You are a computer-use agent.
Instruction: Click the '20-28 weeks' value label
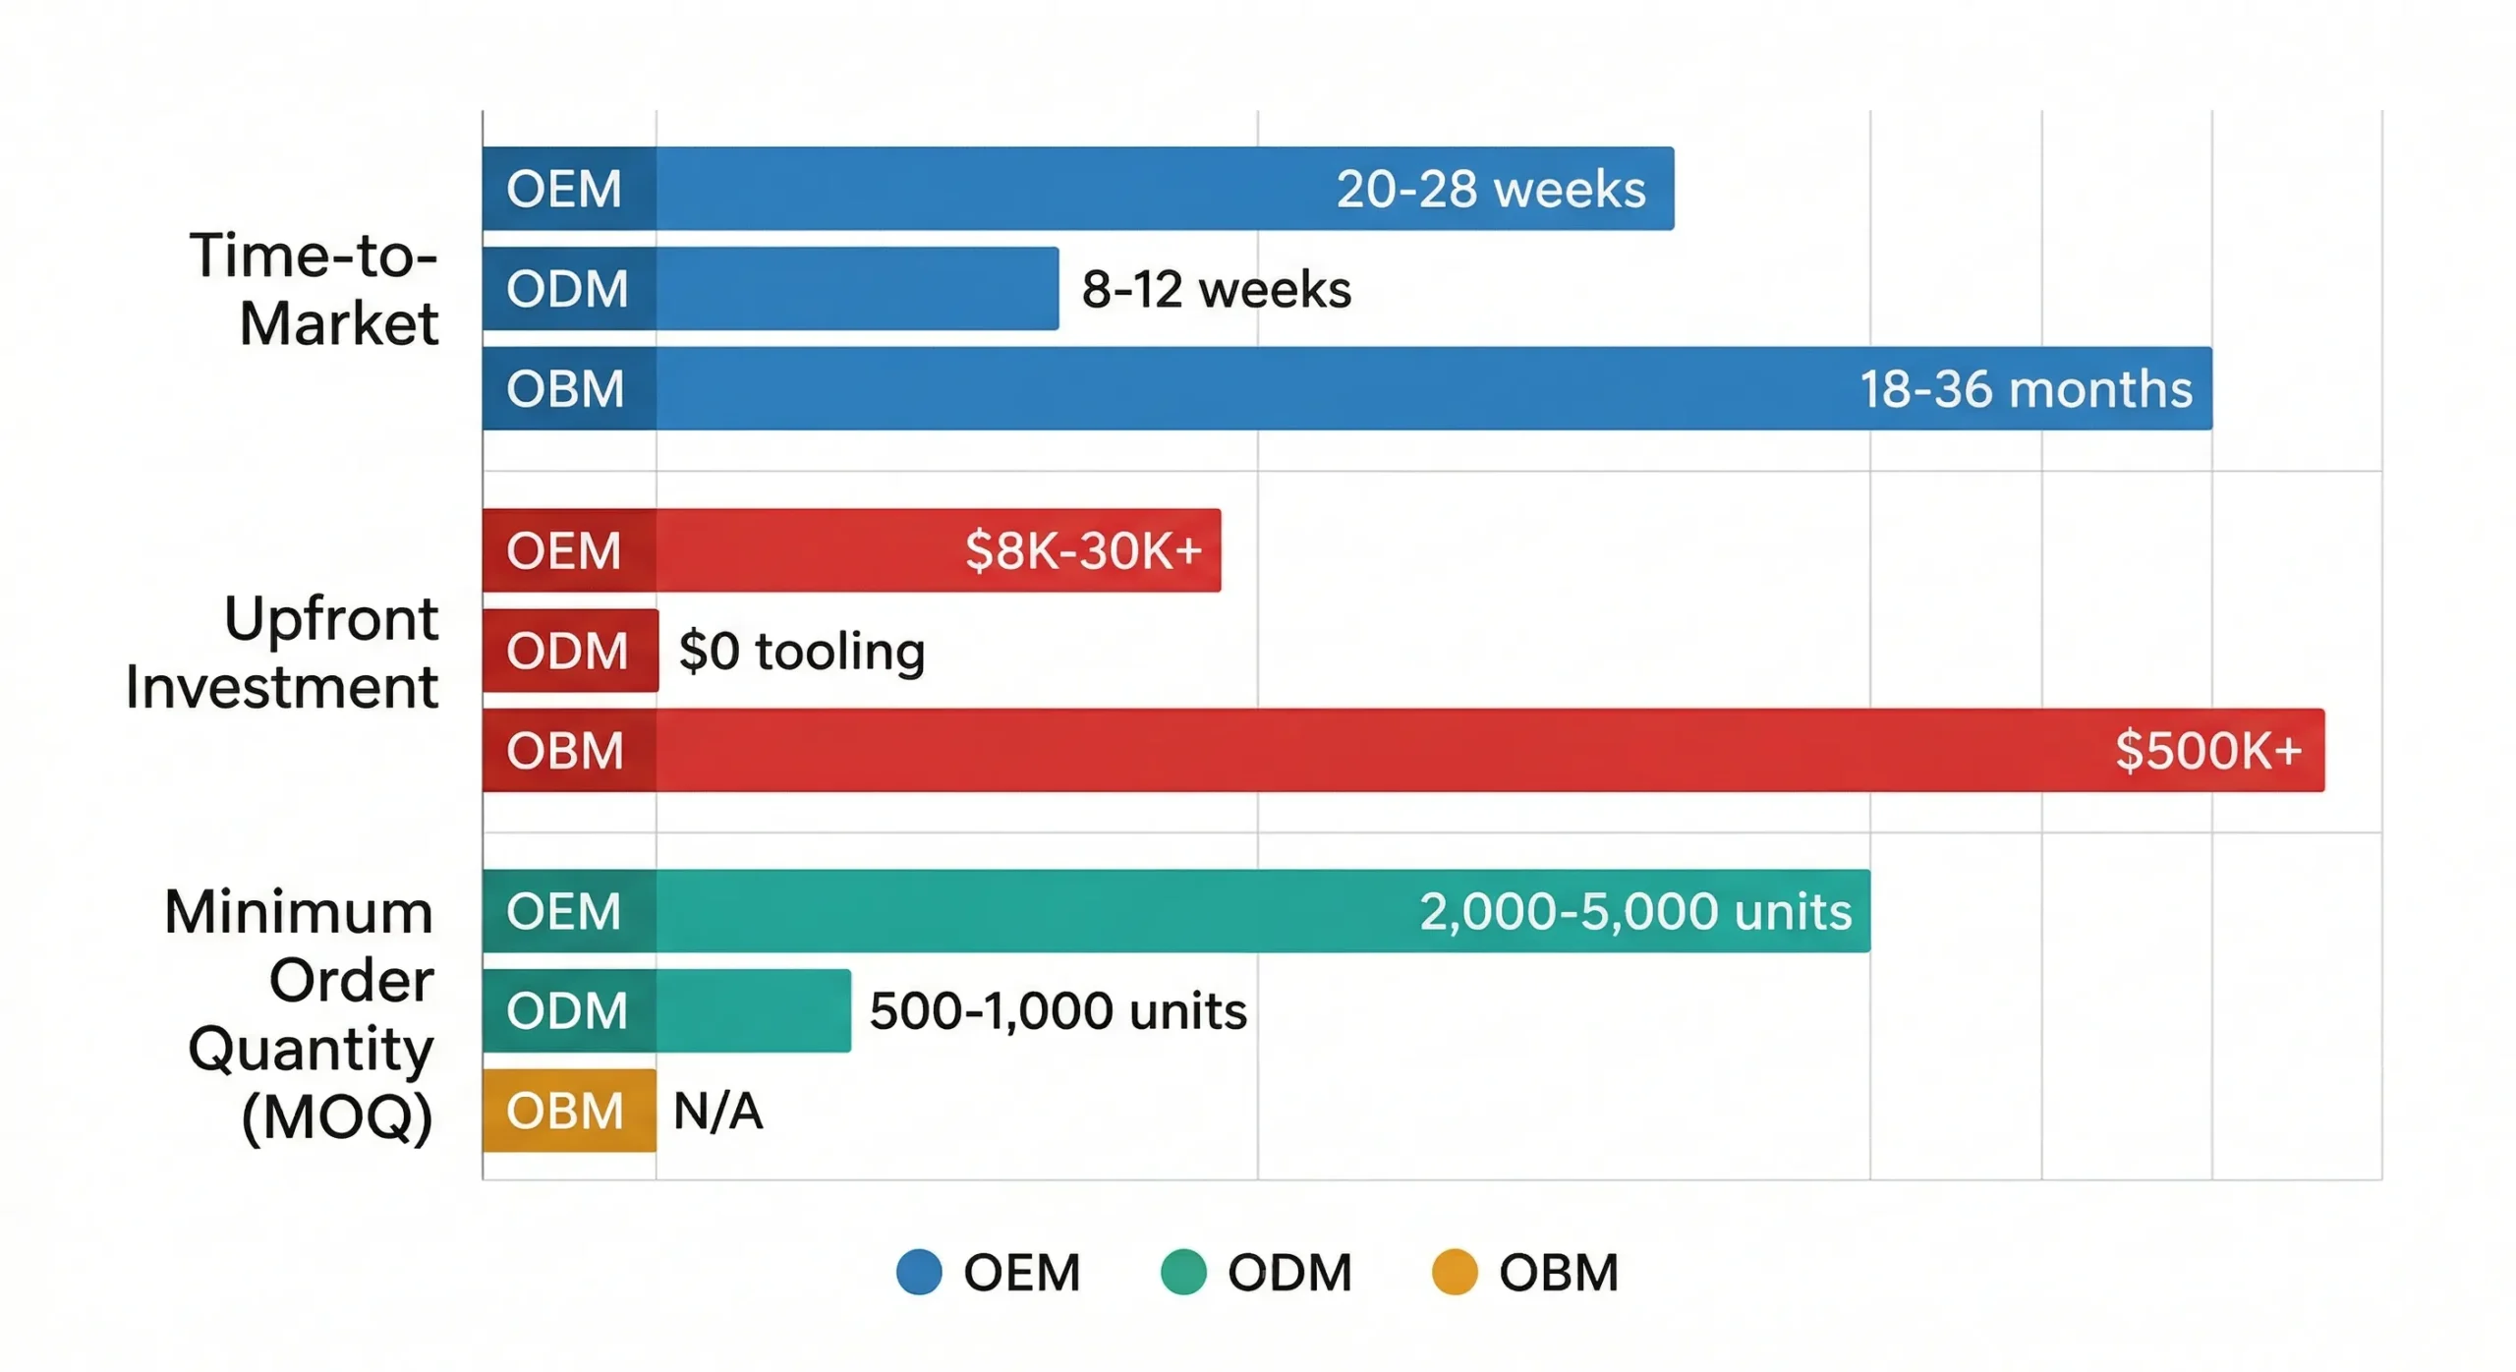pyautogui.click(x=1490, y=189)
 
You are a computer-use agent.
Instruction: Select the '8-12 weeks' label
pyautogui.click(x=1216, y=290)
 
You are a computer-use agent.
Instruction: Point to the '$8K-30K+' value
pyautogui.click(x=1083, y=550)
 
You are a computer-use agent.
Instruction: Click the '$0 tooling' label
pyautogui.click(x=801, y=651)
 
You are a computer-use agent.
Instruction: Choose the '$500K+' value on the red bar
pyautogui.click(x=2207, y=751)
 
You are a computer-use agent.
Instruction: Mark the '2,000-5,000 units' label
pyautogui.click(x=1634, y=911)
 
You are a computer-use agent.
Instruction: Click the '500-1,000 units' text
pyautogui.click(x=1058, y=1011)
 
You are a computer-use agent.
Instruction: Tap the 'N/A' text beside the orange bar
pyautogui.click(x=717, y=1112)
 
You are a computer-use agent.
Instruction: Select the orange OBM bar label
pyautogui.click(x=566, y=1112)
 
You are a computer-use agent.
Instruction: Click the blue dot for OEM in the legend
pyautogui.click(x=919, y=1272)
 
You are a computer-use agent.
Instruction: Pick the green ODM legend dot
pyautogui.click(x=1182, y=1272)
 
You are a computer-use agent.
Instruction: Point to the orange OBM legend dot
pyautogui.click(x=1454, y=1272)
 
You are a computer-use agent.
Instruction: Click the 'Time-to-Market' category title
pyautogui.click(x=314, y=289)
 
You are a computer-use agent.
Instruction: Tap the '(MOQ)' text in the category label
pyautogui.click(x=336, y=1117)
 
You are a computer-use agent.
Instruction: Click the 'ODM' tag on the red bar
pyautogui.click(x=566, y=651)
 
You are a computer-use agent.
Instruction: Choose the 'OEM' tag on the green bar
pyautogui.click(x=563, y=911)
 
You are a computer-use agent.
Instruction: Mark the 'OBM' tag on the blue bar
pyautogui.click(x=565, y=389)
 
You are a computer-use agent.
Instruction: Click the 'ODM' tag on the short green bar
pyautogui.click(x=566, y=1011)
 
